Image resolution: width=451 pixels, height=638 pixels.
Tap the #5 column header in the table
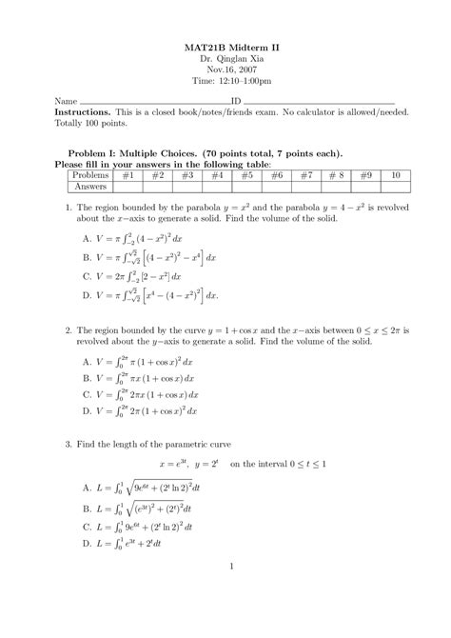[245, 175]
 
